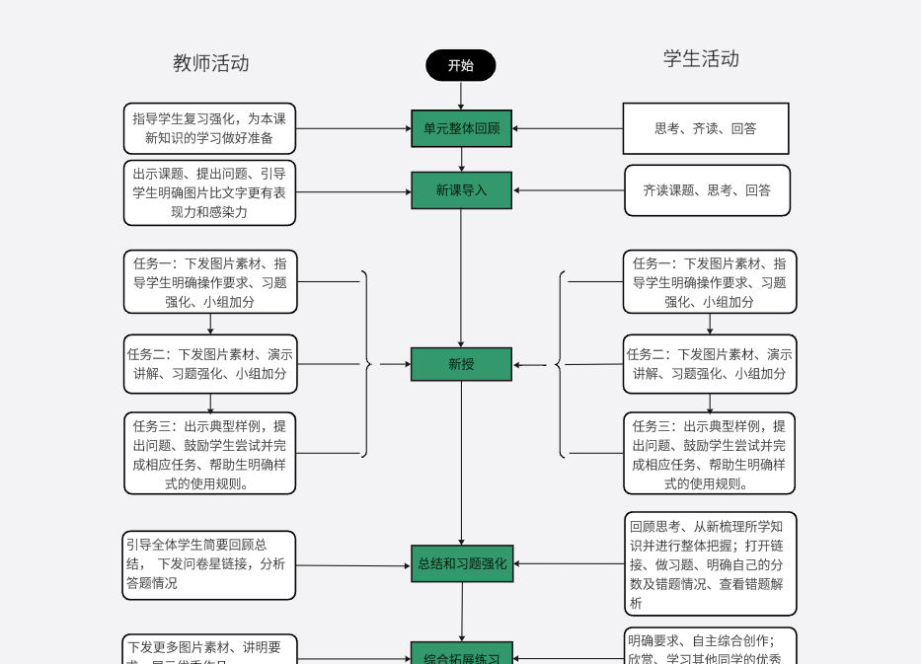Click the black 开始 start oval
tap(460, 65)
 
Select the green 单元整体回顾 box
tap(461, 128)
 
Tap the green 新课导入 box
tap(461, 190)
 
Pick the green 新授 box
tap(461, 364)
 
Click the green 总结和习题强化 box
tap(461, 563)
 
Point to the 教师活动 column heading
tap(210, 63)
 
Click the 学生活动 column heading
tap(701, 58)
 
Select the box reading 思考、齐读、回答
tap(705, 128)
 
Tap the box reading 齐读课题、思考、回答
tap(707, 190)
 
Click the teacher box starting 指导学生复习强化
tap(209, 128)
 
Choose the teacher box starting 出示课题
tap(209, 192)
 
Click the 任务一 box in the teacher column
tap(209, 282)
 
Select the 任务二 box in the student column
tap(709, 364)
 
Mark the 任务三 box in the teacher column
tap(209, 454)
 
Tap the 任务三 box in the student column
tap(709, 454)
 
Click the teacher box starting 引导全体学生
tap(209, 564)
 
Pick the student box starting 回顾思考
tap(709, 563)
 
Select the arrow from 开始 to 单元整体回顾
tap(461, 95)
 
